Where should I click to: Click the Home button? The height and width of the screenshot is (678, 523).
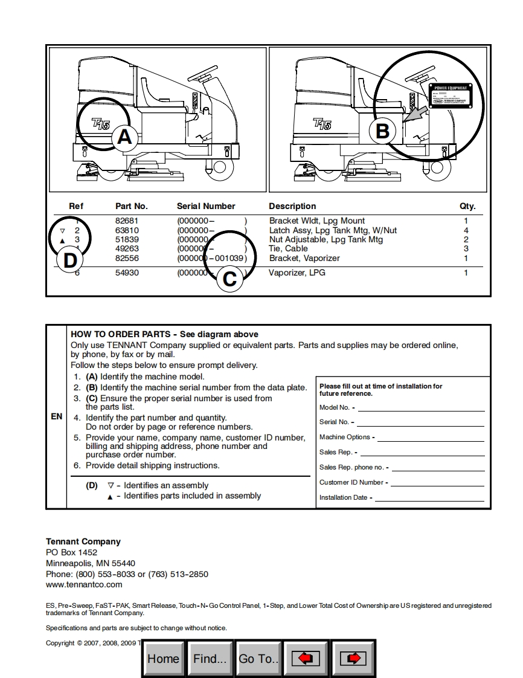(163, 659)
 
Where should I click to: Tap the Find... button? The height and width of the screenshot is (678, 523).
(210, 659)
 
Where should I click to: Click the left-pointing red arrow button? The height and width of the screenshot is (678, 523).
(306, 659)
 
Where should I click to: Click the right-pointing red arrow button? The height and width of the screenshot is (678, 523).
(353, 659)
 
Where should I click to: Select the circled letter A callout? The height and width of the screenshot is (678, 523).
(124, 137)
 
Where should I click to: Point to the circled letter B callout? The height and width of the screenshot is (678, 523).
(382, 131)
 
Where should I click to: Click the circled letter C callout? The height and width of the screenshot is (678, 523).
(229, 279)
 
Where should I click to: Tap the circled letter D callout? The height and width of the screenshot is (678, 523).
(71, 261)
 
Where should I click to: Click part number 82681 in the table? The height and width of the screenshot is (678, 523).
(127, 221)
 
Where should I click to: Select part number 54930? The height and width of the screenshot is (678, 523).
(127, 273)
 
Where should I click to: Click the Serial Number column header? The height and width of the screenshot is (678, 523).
(206, 206)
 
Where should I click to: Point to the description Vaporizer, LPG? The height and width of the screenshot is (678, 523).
(297, 273)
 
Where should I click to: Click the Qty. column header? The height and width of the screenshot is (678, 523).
(467, 206)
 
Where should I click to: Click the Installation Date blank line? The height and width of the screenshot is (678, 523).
(429, 499)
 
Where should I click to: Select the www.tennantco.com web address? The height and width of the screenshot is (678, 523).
(84, 584)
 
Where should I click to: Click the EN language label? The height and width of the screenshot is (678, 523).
(56, 417)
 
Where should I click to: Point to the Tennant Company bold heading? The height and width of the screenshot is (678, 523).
(83, 541)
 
